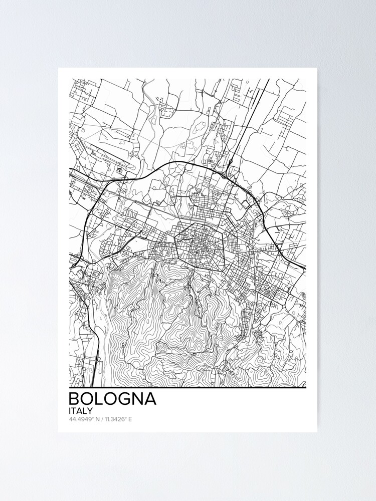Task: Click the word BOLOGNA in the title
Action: click(x=112, y=399)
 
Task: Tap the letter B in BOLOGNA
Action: click(x=74, y=399)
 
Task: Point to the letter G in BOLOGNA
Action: click(x=123, y=399)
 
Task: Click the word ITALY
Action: click(x=80, y=410)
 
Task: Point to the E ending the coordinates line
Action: click(x=130, y=419)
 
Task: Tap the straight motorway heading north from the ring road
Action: click(x=248, y=120)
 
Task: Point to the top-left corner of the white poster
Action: click(x=59, y=68)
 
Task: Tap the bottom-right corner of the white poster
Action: click(x=317, y=432)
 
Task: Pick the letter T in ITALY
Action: click(x=75, y=410)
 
